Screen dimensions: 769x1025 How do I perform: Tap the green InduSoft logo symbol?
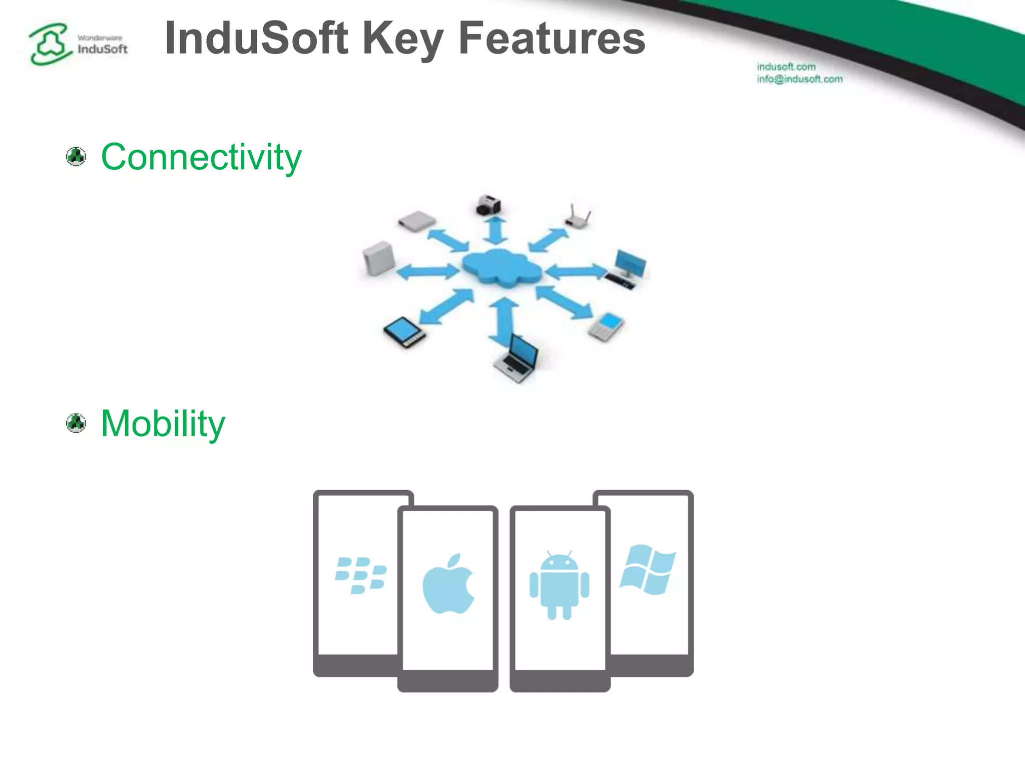[x=49, y=44]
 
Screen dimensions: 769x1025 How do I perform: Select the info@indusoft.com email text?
[x=799, y=79]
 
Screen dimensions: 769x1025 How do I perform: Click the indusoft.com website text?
[x=786, y=67]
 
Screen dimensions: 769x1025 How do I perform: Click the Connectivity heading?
[x=201, y=157]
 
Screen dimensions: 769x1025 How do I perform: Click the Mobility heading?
[x=163, y=424]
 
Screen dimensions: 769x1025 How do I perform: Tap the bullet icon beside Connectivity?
[x=76, y=157]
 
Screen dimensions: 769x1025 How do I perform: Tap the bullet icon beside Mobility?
[x=76, y=424]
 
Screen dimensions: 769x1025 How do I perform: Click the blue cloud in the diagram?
[x=501, y=268]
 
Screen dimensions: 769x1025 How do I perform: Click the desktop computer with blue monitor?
[x=627, y=269]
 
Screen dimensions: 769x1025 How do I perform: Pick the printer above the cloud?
[x=488, y=205]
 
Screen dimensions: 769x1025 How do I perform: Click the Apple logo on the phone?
[x=448, y=584]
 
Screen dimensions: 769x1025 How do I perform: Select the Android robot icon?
[x=559, y=585]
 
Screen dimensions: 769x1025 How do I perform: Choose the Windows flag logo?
[x=648, y=570]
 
